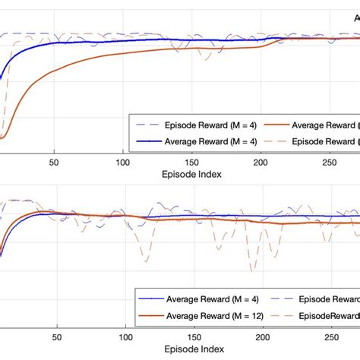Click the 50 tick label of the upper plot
53,162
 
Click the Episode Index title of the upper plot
191,174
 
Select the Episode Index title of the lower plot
191,350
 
